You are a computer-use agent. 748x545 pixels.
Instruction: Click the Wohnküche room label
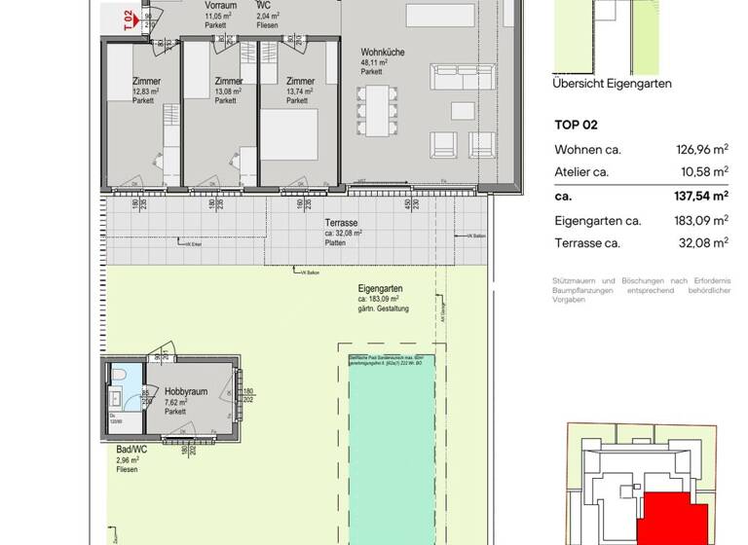tap(382, 52)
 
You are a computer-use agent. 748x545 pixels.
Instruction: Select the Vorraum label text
tap(221, 6)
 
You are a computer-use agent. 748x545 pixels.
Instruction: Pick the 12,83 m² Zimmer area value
tap(146, 91)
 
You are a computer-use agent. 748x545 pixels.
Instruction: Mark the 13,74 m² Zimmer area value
tap(301, 91)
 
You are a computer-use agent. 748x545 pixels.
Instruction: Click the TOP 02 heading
tap(576, 125)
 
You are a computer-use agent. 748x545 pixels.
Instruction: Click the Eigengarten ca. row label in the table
tap(598, 221)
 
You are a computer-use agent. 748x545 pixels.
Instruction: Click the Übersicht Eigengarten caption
tap(612, 84)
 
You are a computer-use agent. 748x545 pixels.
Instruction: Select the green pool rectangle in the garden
tap(393, 448)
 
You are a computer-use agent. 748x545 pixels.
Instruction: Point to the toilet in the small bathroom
tap(115, 376)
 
